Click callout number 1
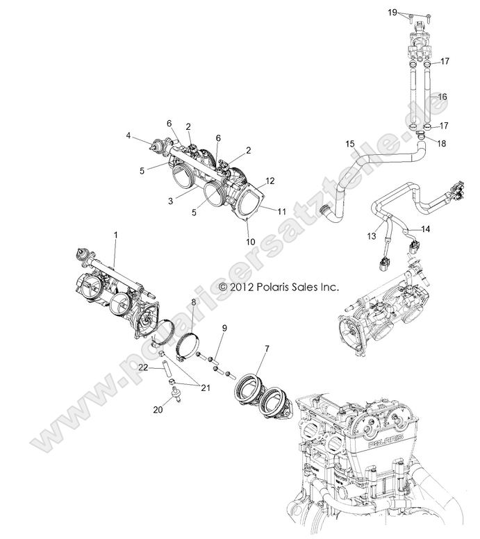pos(116,235)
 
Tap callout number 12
pos(271,181)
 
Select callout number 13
pos(371,237)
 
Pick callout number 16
pos(442,97)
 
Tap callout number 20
pos(158,410)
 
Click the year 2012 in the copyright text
pos(249,286)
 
